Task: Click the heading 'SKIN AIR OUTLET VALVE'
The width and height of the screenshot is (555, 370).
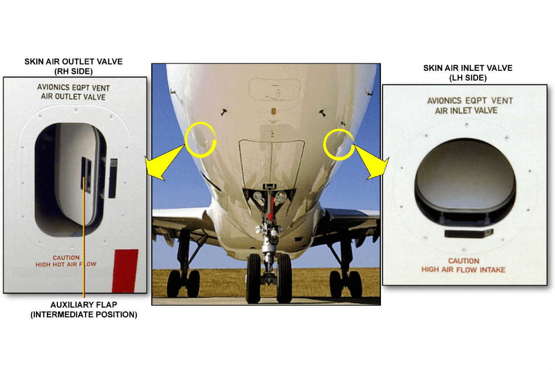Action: point(73,62)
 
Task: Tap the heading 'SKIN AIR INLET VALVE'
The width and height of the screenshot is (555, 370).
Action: point(468,68)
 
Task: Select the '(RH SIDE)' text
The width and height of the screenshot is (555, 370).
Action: point(74,71)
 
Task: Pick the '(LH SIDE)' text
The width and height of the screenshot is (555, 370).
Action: point(468,78)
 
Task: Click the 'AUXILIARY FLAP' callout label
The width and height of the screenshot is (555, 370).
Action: point(84,305)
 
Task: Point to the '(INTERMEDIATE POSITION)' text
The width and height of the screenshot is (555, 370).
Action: point(84,314)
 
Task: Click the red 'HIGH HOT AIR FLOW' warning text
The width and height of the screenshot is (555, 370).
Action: point(66,264)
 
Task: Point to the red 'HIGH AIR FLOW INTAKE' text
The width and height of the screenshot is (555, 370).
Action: point(463,270)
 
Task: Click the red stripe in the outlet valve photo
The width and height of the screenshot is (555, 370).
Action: point(125,271)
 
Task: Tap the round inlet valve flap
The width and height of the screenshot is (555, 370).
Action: point(465,174)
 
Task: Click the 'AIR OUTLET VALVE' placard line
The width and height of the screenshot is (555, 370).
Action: point(73,96)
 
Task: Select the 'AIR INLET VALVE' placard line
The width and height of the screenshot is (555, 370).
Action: point(466,110)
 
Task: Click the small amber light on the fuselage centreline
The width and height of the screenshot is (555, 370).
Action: point(274,111)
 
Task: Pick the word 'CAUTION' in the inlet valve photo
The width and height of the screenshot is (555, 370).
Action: point(463,261)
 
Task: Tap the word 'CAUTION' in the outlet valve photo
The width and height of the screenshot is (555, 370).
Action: point(66,257)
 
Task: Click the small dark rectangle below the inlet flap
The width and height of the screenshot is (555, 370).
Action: point(469,233)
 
